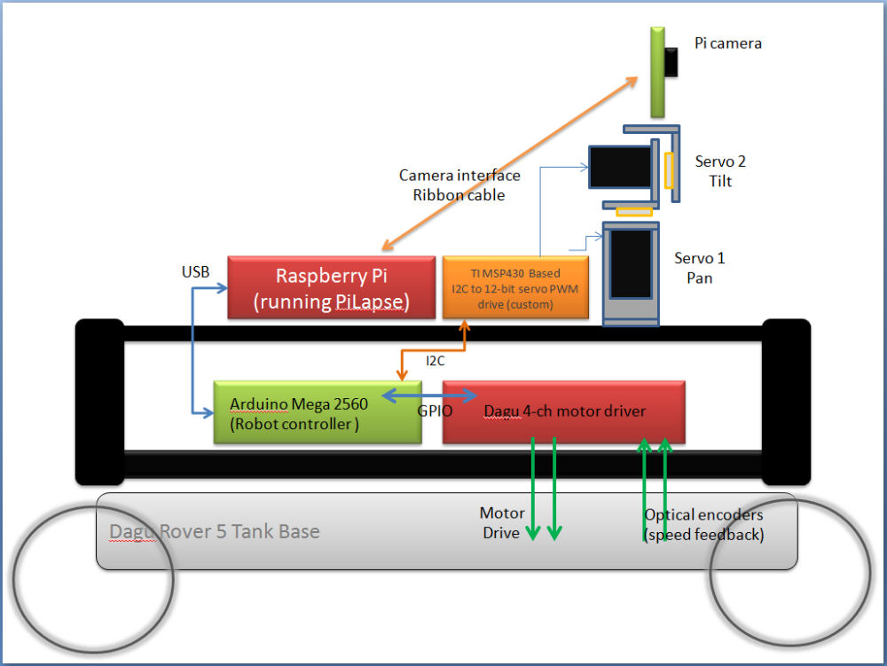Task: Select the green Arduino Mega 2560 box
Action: (318, 411)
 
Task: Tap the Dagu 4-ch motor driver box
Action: (563, 411)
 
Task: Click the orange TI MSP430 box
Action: (515, 287)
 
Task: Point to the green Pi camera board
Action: (657, 71)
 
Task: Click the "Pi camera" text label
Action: (727, 43)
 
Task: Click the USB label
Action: (195, 272)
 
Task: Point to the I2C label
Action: (436, 361)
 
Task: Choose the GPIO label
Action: (435, 411)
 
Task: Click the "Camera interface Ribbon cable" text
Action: (459, 185)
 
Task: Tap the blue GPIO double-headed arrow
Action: (429, 396)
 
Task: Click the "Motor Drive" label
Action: (502, 523)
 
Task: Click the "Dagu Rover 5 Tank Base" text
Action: (214, 531)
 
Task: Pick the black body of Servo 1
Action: (631, 264)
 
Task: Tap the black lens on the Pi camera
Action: (673, 61)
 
